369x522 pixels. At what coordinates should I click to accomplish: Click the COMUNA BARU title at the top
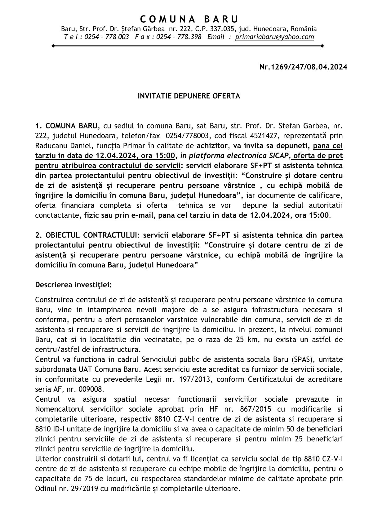point(189,19)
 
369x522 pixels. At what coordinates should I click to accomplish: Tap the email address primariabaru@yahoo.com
point(274,37)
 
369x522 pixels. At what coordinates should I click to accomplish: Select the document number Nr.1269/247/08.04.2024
point(303,67)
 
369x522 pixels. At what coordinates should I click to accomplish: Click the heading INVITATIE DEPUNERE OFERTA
point(189,96)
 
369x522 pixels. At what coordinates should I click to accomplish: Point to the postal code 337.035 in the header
point(232,29)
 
